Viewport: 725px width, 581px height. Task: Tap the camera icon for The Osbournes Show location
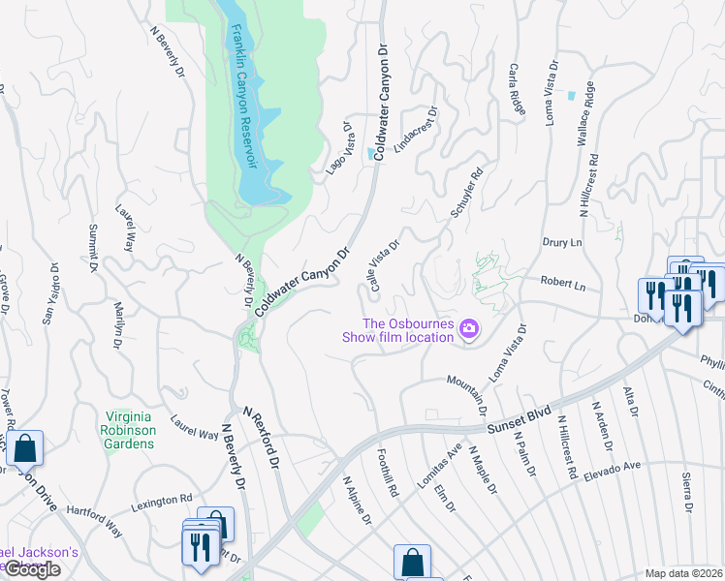[x=470, y=330]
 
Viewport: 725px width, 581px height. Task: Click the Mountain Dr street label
[x=467, y=390]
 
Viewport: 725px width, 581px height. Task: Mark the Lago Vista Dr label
[x=337, y=146]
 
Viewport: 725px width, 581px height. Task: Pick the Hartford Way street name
[x=100, y=516]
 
